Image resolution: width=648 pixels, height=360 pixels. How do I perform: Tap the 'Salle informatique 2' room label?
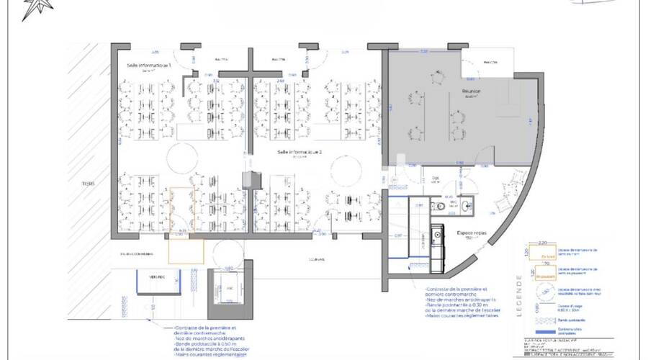(x=300, y=153)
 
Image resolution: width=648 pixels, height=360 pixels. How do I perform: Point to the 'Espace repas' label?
(x=470, y=233)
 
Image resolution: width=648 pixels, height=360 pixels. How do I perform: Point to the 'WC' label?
(x=448, y=195)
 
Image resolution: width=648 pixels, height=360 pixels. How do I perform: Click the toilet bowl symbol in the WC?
(x=441, y=207)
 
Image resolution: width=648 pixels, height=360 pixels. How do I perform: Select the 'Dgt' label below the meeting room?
(x=436, y=178)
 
